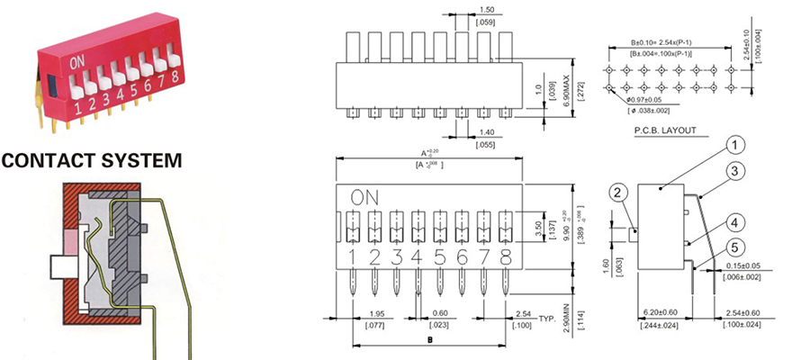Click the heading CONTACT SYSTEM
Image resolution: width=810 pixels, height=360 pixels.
(x=92, y=161)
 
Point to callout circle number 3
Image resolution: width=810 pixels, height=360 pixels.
(x=735, y=170)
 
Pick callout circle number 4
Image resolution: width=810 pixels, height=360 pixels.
(x=735, y=222)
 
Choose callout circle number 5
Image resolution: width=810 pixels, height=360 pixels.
(x=735, y=247)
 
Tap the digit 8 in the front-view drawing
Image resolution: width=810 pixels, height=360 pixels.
(x=506, y=258)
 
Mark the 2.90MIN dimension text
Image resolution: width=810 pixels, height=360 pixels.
(x=566, y=320)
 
